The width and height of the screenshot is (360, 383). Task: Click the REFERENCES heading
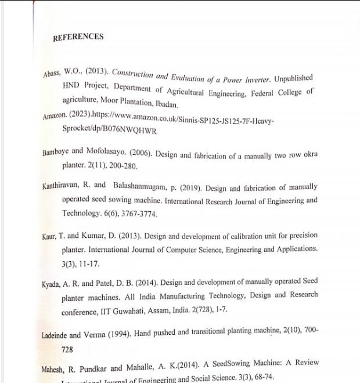point(78,37)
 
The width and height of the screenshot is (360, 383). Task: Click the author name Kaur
point(50,237)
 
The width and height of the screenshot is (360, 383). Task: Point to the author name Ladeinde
point(56,335)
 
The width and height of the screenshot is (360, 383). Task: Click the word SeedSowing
point(227,364)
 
